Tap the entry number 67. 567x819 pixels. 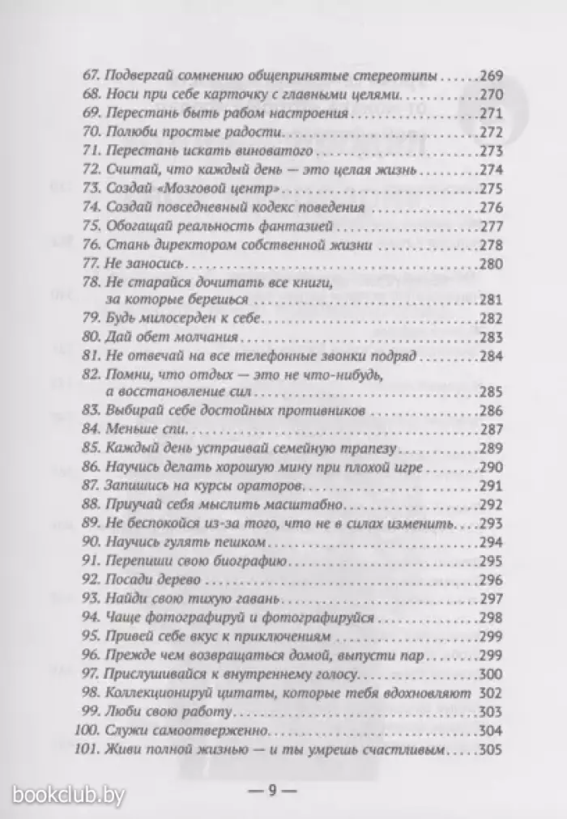[92, 77]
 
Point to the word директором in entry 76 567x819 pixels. [177, 244]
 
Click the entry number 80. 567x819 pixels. [92, 337]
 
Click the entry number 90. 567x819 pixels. [92, 542]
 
